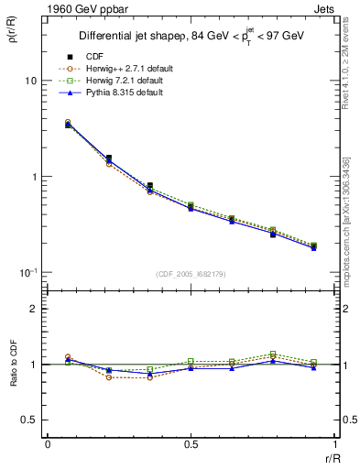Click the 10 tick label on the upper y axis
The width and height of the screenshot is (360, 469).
[30, 81]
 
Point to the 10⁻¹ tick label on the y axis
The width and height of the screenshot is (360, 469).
[27, 272]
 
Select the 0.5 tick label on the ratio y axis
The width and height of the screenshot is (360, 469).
[27, 420]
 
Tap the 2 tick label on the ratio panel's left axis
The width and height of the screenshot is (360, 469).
[33, 309]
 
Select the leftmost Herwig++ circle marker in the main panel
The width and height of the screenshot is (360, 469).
[68, 122]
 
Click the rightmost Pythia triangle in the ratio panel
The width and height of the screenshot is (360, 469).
[313, 367]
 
